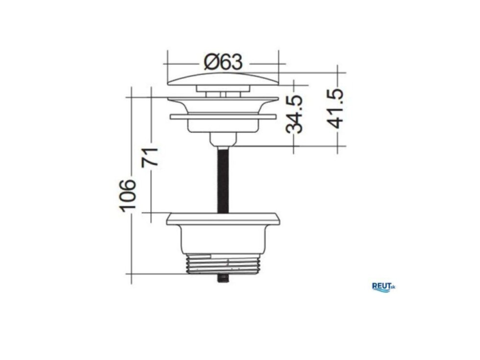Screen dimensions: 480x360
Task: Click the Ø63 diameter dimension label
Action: tap(223, 62)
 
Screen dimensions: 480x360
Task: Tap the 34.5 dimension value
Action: tap(294, 114)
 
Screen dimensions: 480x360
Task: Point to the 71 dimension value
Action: tap(150, 157)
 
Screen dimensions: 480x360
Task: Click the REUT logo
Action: tap(384, 287)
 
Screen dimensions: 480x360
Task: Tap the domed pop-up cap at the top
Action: tap(223, 79)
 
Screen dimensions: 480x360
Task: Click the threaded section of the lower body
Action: tap(223, 264)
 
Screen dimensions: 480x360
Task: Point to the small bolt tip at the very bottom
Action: tap(223, 278)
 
